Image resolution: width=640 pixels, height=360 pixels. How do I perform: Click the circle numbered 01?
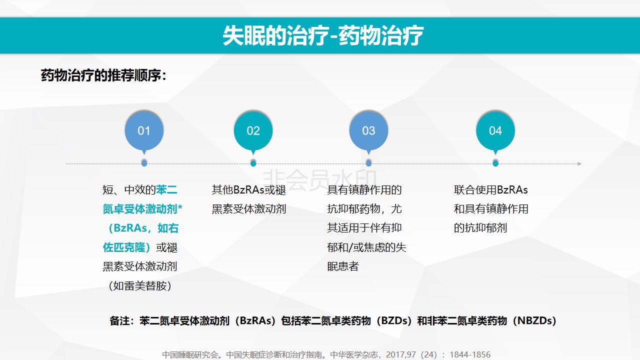pos(144,130)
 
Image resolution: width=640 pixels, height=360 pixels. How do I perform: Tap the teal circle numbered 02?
pos(253,130)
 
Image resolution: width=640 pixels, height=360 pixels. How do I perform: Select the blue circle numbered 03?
pos(368,130)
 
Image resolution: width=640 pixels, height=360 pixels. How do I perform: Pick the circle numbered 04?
pos(495,130)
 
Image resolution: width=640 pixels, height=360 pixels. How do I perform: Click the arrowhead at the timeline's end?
pos(579,163)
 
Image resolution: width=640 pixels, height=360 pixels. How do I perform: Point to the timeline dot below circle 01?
pos(144,163)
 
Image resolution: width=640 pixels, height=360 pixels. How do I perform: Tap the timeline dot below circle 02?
pos(253,163)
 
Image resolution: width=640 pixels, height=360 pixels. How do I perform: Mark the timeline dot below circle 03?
pos(368,163)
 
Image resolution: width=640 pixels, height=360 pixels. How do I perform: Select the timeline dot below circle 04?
pos(495,163)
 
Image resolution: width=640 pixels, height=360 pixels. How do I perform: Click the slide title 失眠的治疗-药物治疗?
pos(323,35)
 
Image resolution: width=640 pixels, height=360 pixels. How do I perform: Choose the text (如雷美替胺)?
pos(140,285)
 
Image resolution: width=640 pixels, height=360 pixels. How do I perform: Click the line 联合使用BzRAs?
pos(491,189)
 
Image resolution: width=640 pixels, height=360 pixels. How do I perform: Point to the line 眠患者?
pos(343,266)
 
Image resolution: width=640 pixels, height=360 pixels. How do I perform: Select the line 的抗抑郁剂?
pos(480,228)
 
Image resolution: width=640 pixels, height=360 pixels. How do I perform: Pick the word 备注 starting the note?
pos(119,320)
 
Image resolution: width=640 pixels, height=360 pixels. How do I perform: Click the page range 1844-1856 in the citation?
pos(470,354)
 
